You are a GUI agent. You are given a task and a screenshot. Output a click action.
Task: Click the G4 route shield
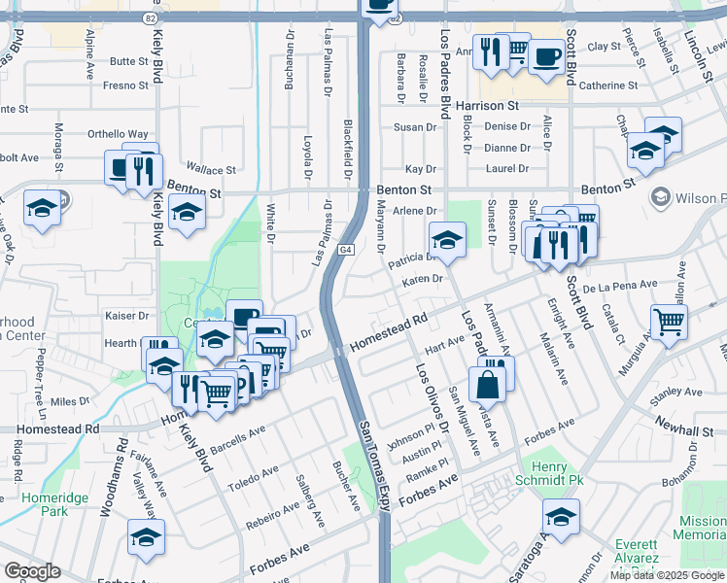click(x=345, y=251)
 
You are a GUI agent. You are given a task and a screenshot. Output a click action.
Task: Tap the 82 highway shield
click(x=149, y=17)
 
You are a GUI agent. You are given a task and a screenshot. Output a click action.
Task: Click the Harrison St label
click(x=487, y=105)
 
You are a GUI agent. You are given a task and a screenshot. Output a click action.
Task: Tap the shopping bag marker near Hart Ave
click(x=487, y=385)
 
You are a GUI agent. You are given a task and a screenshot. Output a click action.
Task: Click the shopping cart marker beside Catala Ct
click(x=669, y=322)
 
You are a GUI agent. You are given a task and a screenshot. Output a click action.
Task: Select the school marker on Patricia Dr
click(x=447, y=240)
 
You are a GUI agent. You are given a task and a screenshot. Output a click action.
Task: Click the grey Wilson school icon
click(x=662, y=197)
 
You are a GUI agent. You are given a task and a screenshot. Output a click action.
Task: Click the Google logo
click(x=32, y=571)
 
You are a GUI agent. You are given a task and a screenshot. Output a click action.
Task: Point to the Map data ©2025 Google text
click(x=667, y=575)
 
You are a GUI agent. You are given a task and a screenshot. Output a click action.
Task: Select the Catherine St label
click(x=607, y=86)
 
